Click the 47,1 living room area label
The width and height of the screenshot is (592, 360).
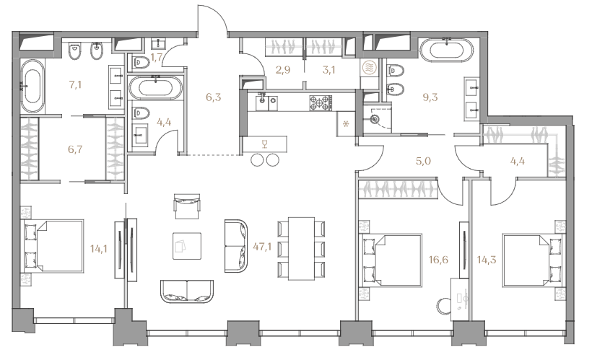[262, 247]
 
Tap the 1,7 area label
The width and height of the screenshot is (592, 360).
[157, 58]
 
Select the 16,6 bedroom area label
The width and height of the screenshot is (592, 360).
[438, 259]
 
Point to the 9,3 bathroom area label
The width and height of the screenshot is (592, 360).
[430, 97]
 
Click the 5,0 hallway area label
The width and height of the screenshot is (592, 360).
[423, 161]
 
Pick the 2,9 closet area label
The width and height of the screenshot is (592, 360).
[283, 70]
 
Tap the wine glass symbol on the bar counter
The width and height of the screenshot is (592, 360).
[265, 144]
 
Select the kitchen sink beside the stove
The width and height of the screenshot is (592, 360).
[266, 101]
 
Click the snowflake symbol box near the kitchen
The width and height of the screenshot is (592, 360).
[347, 124]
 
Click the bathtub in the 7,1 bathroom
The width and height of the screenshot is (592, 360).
[32, 86]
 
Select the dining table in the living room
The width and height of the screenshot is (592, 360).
[301, 248]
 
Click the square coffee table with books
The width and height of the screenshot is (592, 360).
[187, 246]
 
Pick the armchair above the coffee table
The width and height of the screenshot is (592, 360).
[187, 206]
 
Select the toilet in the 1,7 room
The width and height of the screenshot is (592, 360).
[139, 62]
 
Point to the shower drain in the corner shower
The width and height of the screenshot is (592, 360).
[374, 120]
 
